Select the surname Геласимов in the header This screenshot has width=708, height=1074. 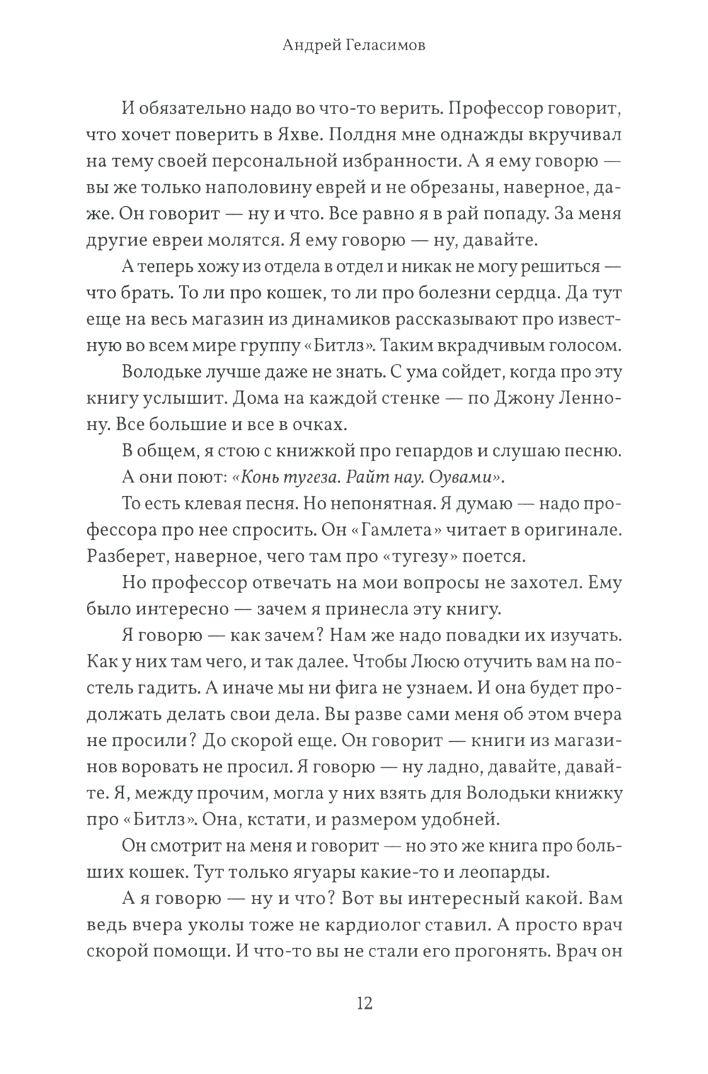click(x=387, y=46)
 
